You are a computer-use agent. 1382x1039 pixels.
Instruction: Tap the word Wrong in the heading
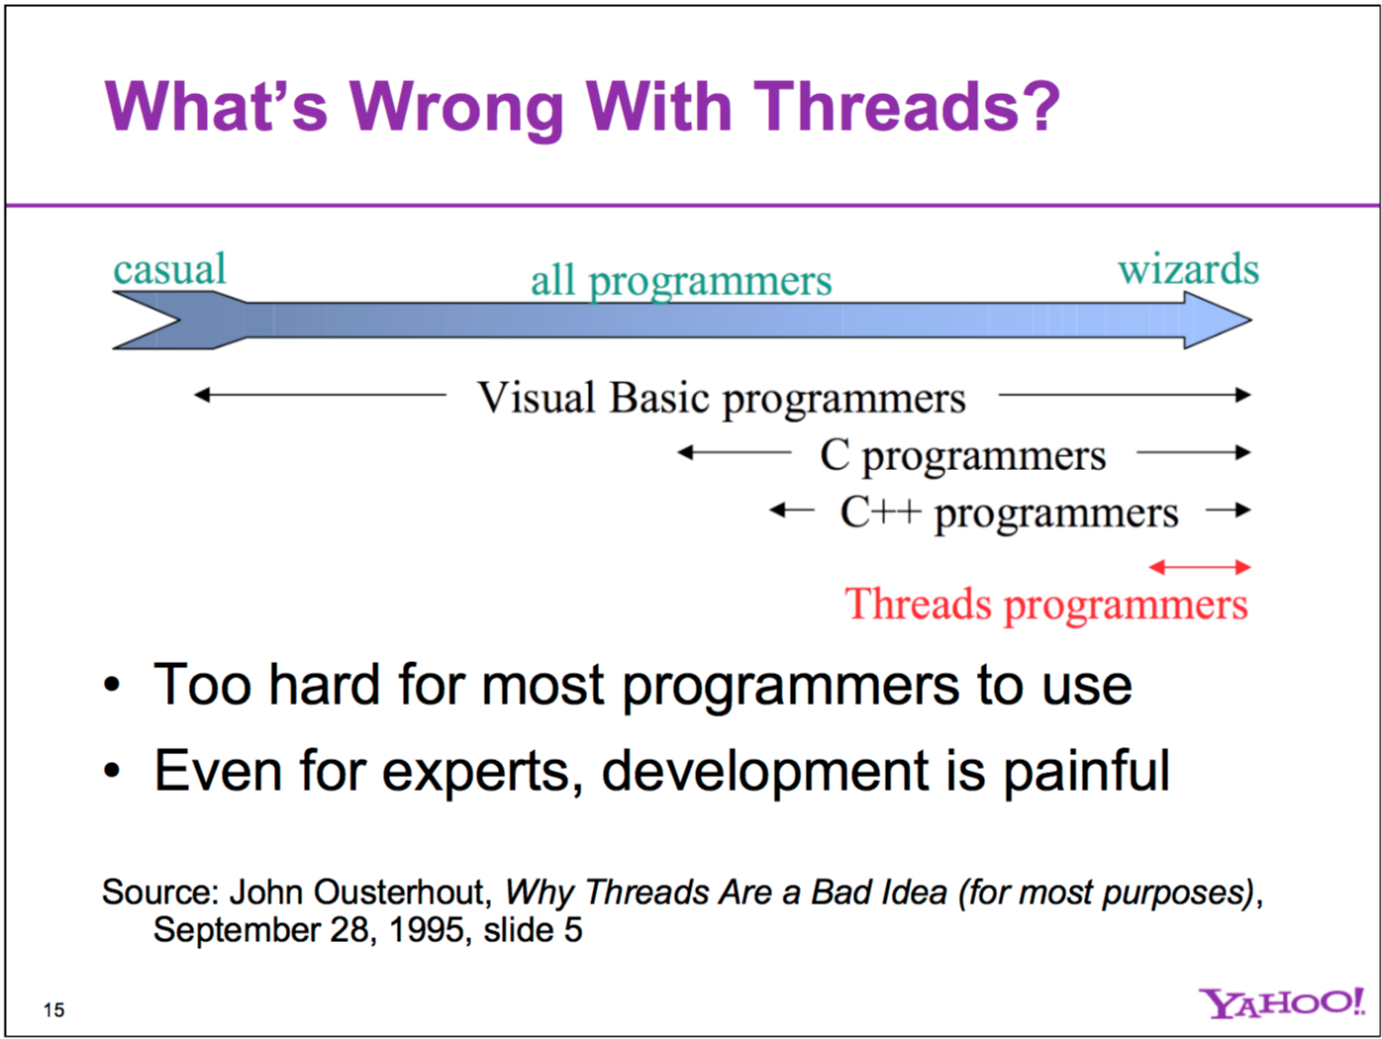[x=456, y=107]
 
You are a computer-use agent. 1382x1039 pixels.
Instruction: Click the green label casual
[x=169, y=269]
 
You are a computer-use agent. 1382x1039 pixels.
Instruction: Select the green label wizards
[x=1188, y=269]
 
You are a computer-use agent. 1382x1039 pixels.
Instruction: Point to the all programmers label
[x=681, y=281]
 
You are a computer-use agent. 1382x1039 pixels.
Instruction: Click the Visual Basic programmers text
[x=721, y=398]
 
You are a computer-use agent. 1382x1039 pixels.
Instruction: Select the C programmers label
[x=962, y=455]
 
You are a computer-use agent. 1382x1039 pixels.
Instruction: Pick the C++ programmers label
[x=1009, y=513]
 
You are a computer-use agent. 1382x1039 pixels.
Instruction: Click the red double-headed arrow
[x=1199, y=567]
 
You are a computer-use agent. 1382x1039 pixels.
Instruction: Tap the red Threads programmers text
[x=1045, y=604]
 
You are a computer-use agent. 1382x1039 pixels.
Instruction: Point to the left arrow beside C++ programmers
[x=790, y=511]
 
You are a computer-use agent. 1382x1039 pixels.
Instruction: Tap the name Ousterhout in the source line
[x=399, y=893]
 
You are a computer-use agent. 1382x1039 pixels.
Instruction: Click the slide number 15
[x=53, y=1009]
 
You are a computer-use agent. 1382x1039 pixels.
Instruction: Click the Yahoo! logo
[x=1281, y=1003]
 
